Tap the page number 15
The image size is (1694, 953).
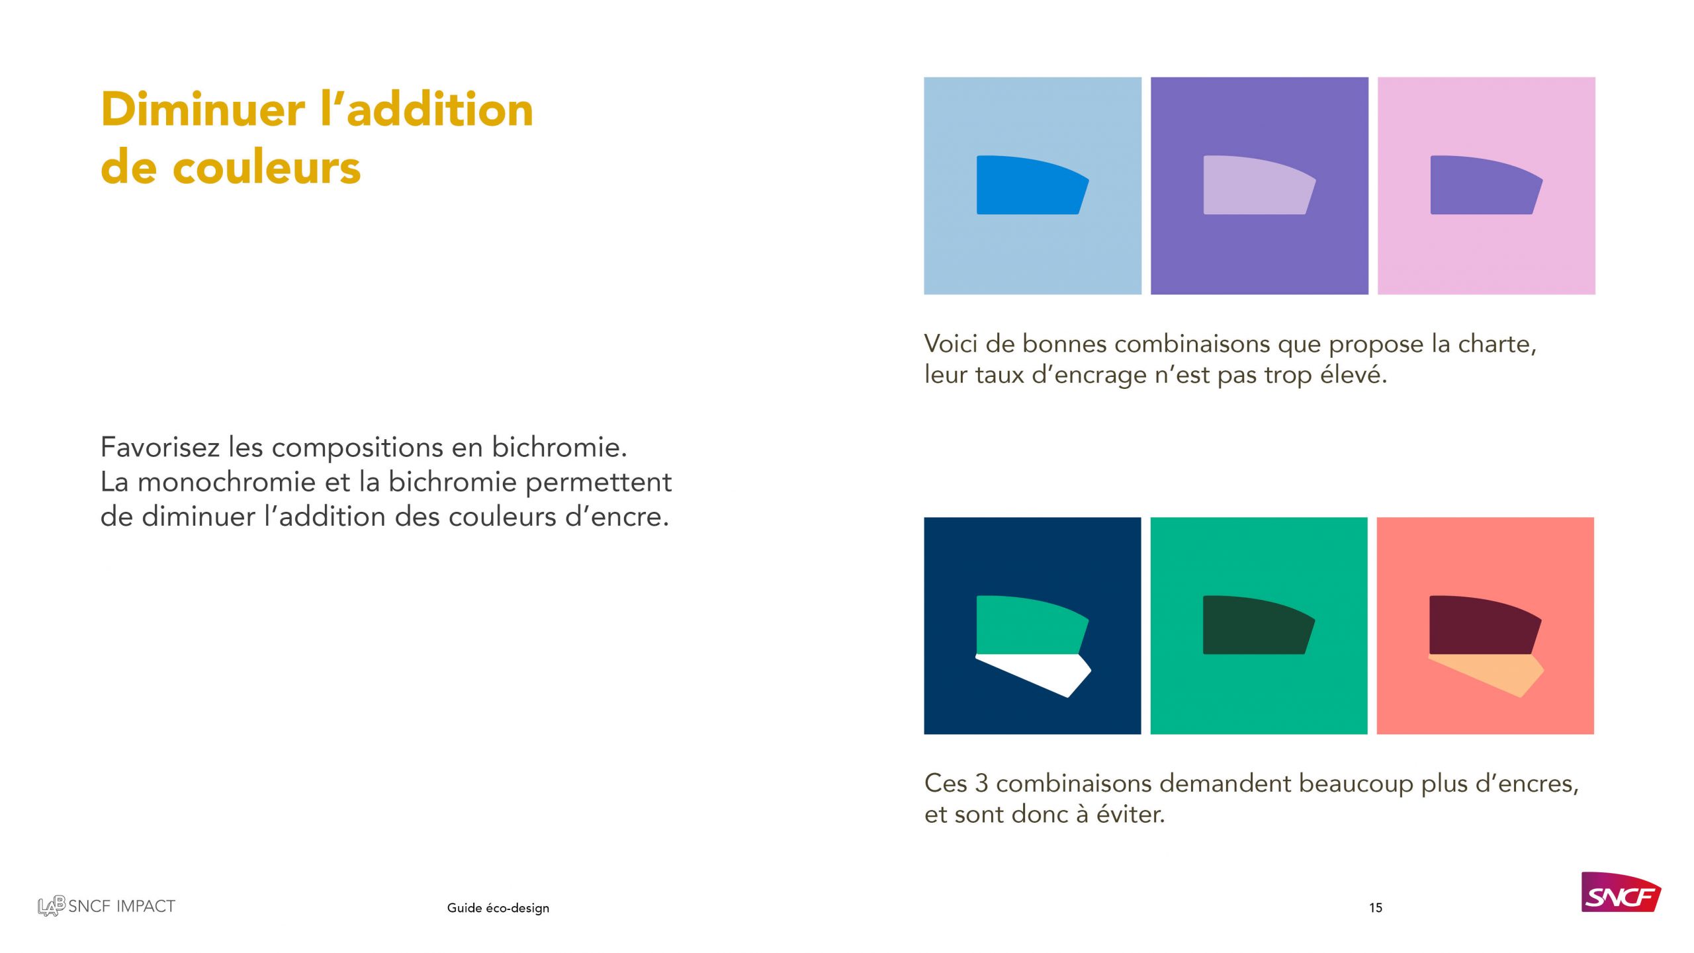tap(1375, 908)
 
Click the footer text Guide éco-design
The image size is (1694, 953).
tap(498, 908)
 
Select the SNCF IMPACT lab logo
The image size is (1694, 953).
tap(107, 906)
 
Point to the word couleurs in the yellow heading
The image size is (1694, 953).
tap(266, 167)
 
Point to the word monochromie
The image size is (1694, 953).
tap(226, 482)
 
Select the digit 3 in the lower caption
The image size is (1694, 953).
tap(981, 784)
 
